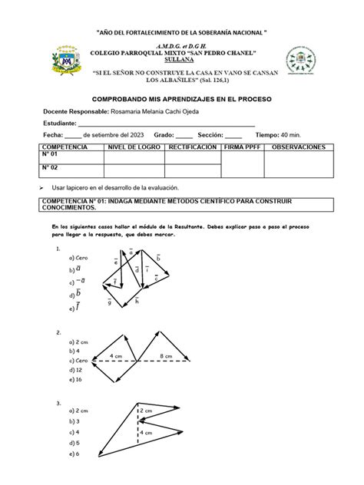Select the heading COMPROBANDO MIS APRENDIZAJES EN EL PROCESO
(x=181, y=100)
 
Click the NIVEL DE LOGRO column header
(x=132, y=146)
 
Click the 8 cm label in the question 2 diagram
(x=166, y=355)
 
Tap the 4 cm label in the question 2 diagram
(x=117, y=355)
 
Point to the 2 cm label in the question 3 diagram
(x=151, y=412)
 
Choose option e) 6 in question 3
(x=74, y=454)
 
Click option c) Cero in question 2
(x=78, y=359)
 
